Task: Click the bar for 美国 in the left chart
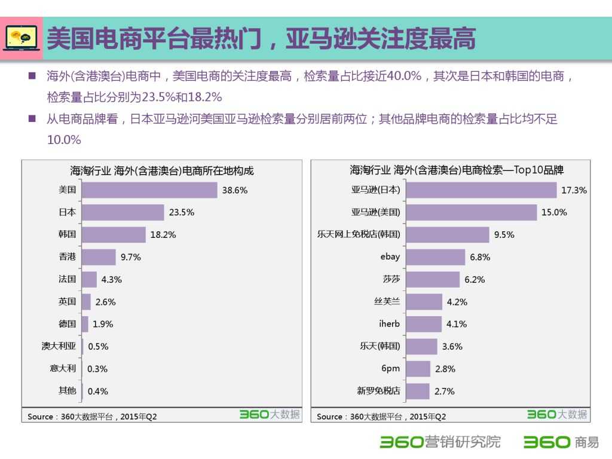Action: (x=149, y=190)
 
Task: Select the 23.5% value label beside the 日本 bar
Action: (x=182, y=212)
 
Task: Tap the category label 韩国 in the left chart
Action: (x=67, y=234)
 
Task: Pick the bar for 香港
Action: (x=99, y=257)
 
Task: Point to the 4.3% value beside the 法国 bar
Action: (x=112, y=279)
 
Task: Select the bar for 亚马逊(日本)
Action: (x=481, y=190)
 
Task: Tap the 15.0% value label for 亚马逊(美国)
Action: (x=555, y=212)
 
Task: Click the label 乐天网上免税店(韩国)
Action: (x=359, y=234)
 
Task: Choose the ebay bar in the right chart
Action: (x=435, y=257)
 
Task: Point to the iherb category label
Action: (x=389, y=324)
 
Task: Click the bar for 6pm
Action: (x=418, y=369)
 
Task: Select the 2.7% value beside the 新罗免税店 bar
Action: (x=444, y=391)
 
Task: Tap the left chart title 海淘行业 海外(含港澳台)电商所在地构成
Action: (x=162, y=171)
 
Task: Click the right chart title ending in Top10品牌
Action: (x=457, y=170)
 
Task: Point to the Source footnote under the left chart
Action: (x=92, y=417)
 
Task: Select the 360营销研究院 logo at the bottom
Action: (x=440, y=442)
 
